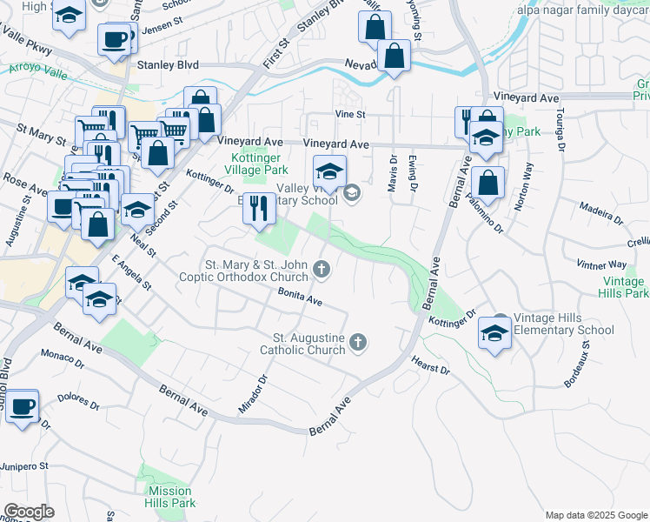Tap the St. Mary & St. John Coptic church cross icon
[322, 271]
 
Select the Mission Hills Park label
[171, 497]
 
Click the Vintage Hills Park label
[625, 287]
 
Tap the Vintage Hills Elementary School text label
[563, 324]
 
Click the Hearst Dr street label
[431, 364]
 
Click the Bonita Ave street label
[301, 298]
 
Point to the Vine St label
[351, 114]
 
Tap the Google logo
[29, 512]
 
